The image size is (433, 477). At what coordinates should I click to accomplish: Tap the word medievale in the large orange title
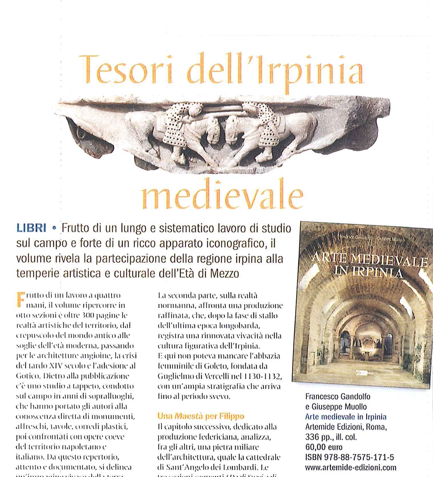222,196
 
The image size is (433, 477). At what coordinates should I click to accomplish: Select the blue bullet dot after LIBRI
54,229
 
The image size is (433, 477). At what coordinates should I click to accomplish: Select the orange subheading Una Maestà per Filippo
201,416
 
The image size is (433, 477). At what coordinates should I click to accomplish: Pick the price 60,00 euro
324,447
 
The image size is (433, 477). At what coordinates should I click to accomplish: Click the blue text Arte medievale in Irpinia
346,417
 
